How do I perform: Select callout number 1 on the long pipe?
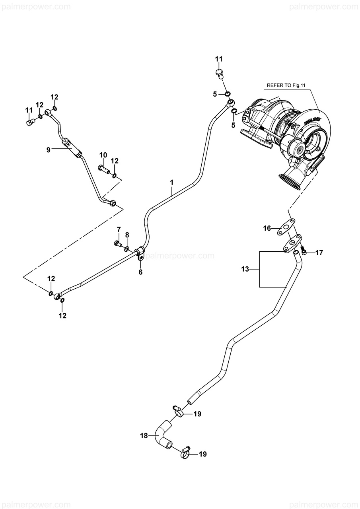(172, 182)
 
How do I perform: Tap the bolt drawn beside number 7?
(118, 243)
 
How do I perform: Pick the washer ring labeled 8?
(127, 249)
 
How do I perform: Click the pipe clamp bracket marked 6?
(139, 254)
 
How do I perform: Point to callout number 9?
(48, 150)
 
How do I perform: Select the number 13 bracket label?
(245, 269)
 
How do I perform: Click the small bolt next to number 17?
(304, 251)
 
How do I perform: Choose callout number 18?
(144, 436)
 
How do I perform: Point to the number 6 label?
(140, 272)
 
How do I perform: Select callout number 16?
(267, 228)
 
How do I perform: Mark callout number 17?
(319, 252)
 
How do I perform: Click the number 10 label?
(103, 155)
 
